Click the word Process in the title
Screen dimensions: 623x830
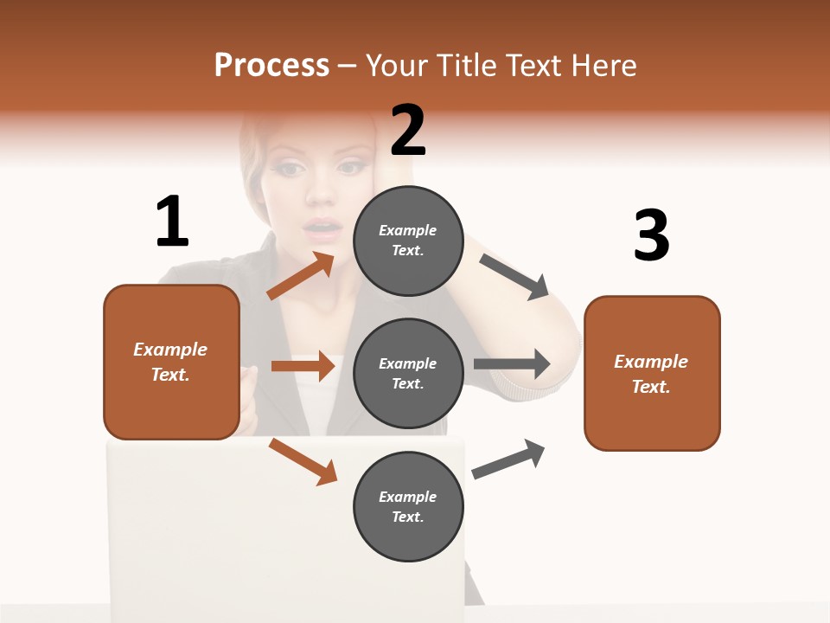[x=271, y=66]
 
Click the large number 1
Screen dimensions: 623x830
[x=172, y=222]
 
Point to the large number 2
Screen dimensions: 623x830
[x=408, y=130]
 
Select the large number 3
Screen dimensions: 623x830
[x=651, y=235]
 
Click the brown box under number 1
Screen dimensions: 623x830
[x=171, y=362]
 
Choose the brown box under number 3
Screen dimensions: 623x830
[x=652, y=373]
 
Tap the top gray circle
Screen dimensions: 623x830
[x=408, y=241]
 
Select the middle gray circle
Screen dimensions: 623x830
[x=408, y=374]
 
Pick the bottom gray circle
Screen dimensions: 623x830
[x=408, y=507]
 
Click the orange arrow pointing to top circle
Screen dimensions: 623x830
[x=301, y=275]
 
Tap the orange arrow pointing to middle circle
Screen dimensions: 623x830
[x=303, y=366]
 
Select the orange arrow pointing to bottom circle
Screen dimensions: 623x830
[x=303, y=460]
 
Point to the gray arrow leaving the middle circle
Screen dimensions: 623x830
[x=512, y=364]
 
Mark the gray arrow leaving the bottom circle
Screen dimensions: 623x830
[x=509, y=459]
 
